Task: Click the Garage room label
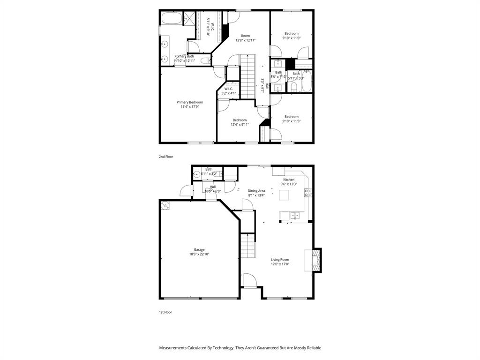[199, 249]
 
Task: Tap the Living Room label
[280, 259]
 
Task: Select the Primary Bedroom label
[190, 102]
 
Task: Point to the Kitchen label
[289, 180]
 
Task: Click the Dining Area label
[256, 191]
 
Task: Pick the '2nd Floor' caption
[166, 157]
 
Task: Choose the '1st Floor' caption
[165, 312]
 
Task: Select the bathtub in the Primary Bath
[172, 19]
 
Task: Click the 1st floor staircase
[247, 246]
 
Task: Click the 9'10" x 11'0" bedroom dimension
[291, 38]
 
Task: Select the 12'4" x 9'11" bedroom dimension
[240, 125]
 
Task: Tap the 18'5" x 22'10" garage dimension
[199, 254]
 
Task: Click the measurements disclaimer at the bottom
[240, 348]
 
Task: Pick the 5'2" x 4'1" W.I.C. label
[229, 93]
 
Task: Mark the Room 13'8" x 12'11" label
[245, 40]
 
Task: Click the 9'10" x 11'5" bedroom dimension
[291, 121]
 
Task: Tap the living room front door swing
[250, 281]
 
